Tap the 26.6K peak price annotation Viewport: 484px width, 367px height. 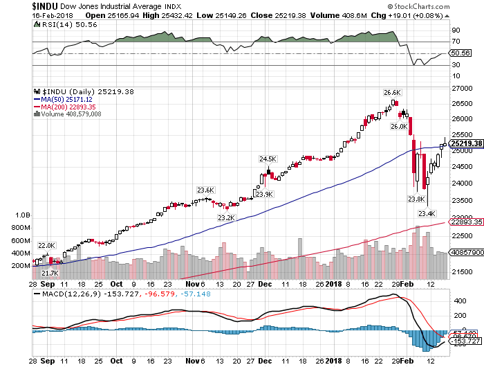coord(393,92)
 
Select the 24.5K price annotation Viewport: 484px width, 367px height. coord(268,159)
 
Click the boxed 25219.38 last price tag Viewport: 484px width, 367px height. coord(465,143)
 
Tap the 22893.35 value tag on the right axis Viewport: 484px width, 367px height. coord(465,222)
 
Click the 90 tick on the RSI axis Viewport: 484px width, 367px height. coord(456,31)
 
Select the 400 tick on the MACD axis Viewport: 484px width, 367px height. coord(458,302)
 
